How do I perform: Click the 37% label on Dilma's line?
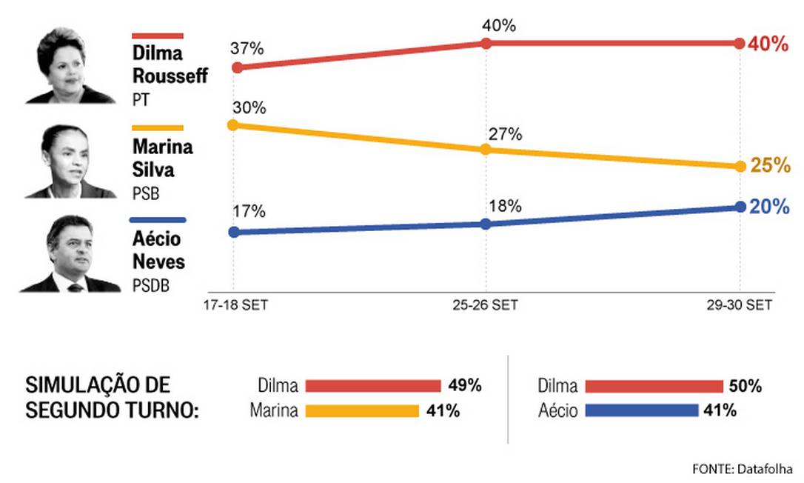247,50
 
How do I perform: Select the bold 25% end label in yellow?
770,166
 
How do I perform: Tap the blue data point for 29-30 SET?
740,207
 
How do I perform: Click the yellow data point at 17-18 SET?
232,124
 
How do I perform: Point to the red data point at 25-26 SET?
486,43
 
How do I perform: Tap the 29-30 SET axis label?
739,305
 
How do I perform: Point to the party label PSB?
146,193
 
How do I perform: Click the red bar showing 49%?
373,386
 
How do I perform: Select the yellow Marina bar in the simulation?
362,410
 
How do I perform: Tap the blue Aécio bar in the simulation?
641,410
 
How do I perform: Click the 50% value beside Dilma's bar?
746,386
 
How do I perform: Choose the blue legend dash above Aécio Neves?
157,220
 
